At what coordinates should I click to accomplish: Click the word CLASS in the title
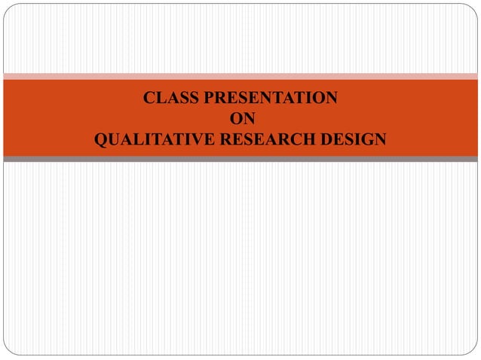[167, 98]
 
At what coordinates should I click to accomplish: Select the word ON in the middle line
[240, 119]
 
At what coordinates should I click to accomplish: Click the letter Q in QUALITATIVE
[100, 140]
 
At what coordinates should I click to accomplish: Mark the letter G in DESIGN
[367, 140]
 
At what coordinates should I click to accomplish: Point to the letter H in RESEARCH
[311, 140]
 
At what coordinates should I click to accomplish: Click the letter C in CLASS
[149, 98]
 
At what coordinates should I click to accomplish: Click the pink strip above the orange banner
[240, 76]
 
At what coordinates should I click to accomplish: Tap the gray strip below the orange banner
[240, 159]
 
